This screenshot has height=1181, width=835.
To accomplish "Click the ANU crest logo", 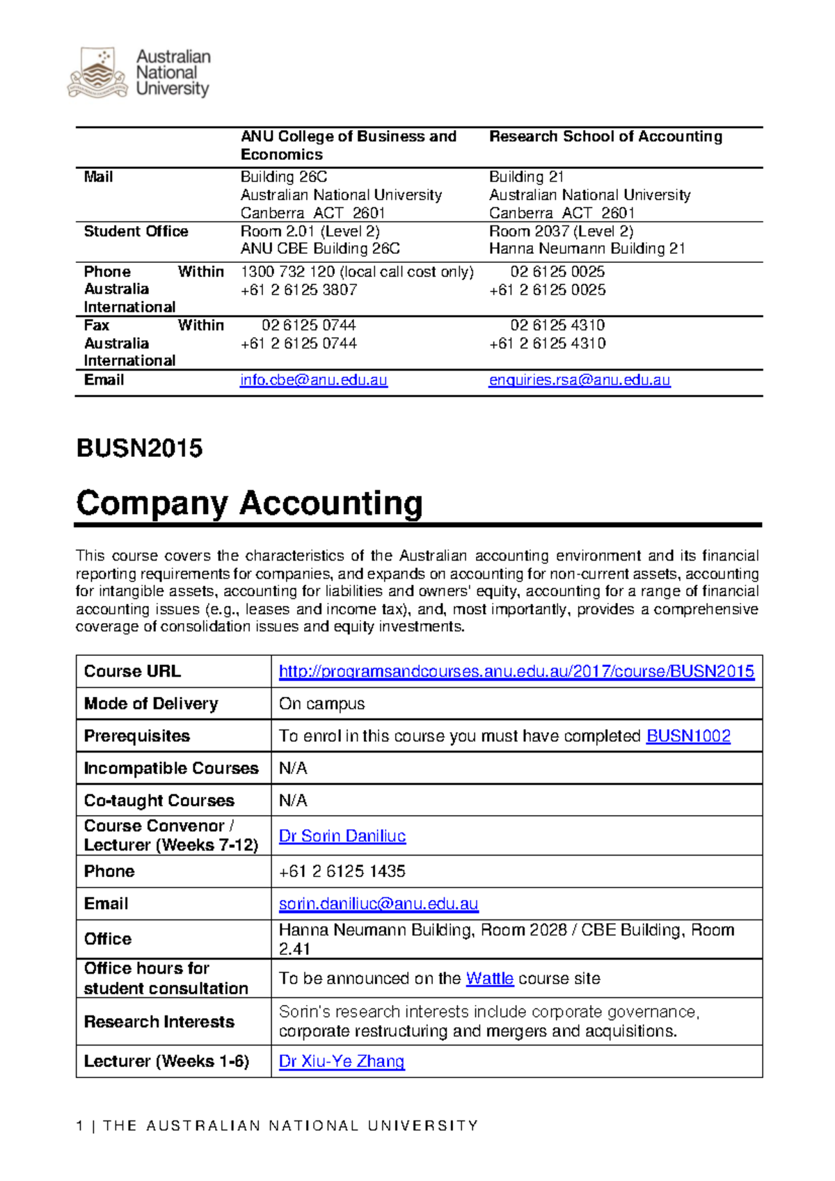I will click(x=97, y=73).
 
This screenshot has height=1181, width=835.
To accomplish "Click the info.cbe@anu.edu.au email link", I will click(x=313, y=380).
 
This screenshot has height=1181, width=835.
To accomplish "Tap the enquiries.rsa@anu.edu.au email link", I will click(x=579, y=380).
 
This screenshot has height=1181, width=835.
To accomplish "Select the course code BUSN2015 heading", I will click(x=139, y=449).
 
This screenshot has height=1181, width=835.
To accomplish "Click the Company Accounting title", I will click(x=249, y=503).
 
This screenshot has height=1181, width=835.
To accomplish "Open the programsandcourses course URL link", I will click(x=516, y=671).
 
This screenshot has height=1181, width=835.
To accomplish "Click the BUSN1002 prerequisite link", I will click(x=688, y=736).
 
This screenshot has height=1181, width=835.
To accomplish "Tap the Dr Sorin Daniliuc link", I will click(x=342, y=836).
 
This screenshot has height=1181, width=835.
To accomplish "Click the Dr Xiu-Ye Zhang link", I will click(x=342, y=1061).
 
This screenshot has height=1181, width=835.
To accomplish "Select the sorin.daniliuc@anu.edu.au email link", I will click(x=379, y=903).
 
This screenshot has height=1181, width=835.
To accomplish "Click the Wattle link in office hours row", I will click(x=489, y=979).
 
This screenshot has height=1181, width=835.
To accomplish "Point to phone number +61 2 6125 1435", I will click(x=342, y=871).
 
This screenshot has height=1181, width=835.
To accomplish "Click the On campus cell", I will click(x=321, y=704).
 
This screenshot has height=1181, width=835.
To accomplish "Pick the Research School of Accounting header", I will click(x=605, y=136).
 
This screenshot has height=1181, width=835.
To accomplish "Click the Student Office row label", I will click(x=136, y=232).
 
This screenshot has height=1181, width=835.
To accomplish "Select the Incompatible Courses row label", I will click(x=170, y=769).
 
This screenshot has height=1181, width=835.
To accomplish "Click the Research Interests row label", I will click(x=159, y=1022).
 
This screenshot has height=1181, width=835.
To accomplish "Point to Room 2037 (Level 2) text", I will click(x=561, y=232).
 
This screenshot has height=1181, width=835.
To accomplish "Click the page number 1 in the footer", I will click(x=80, y=1126).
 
